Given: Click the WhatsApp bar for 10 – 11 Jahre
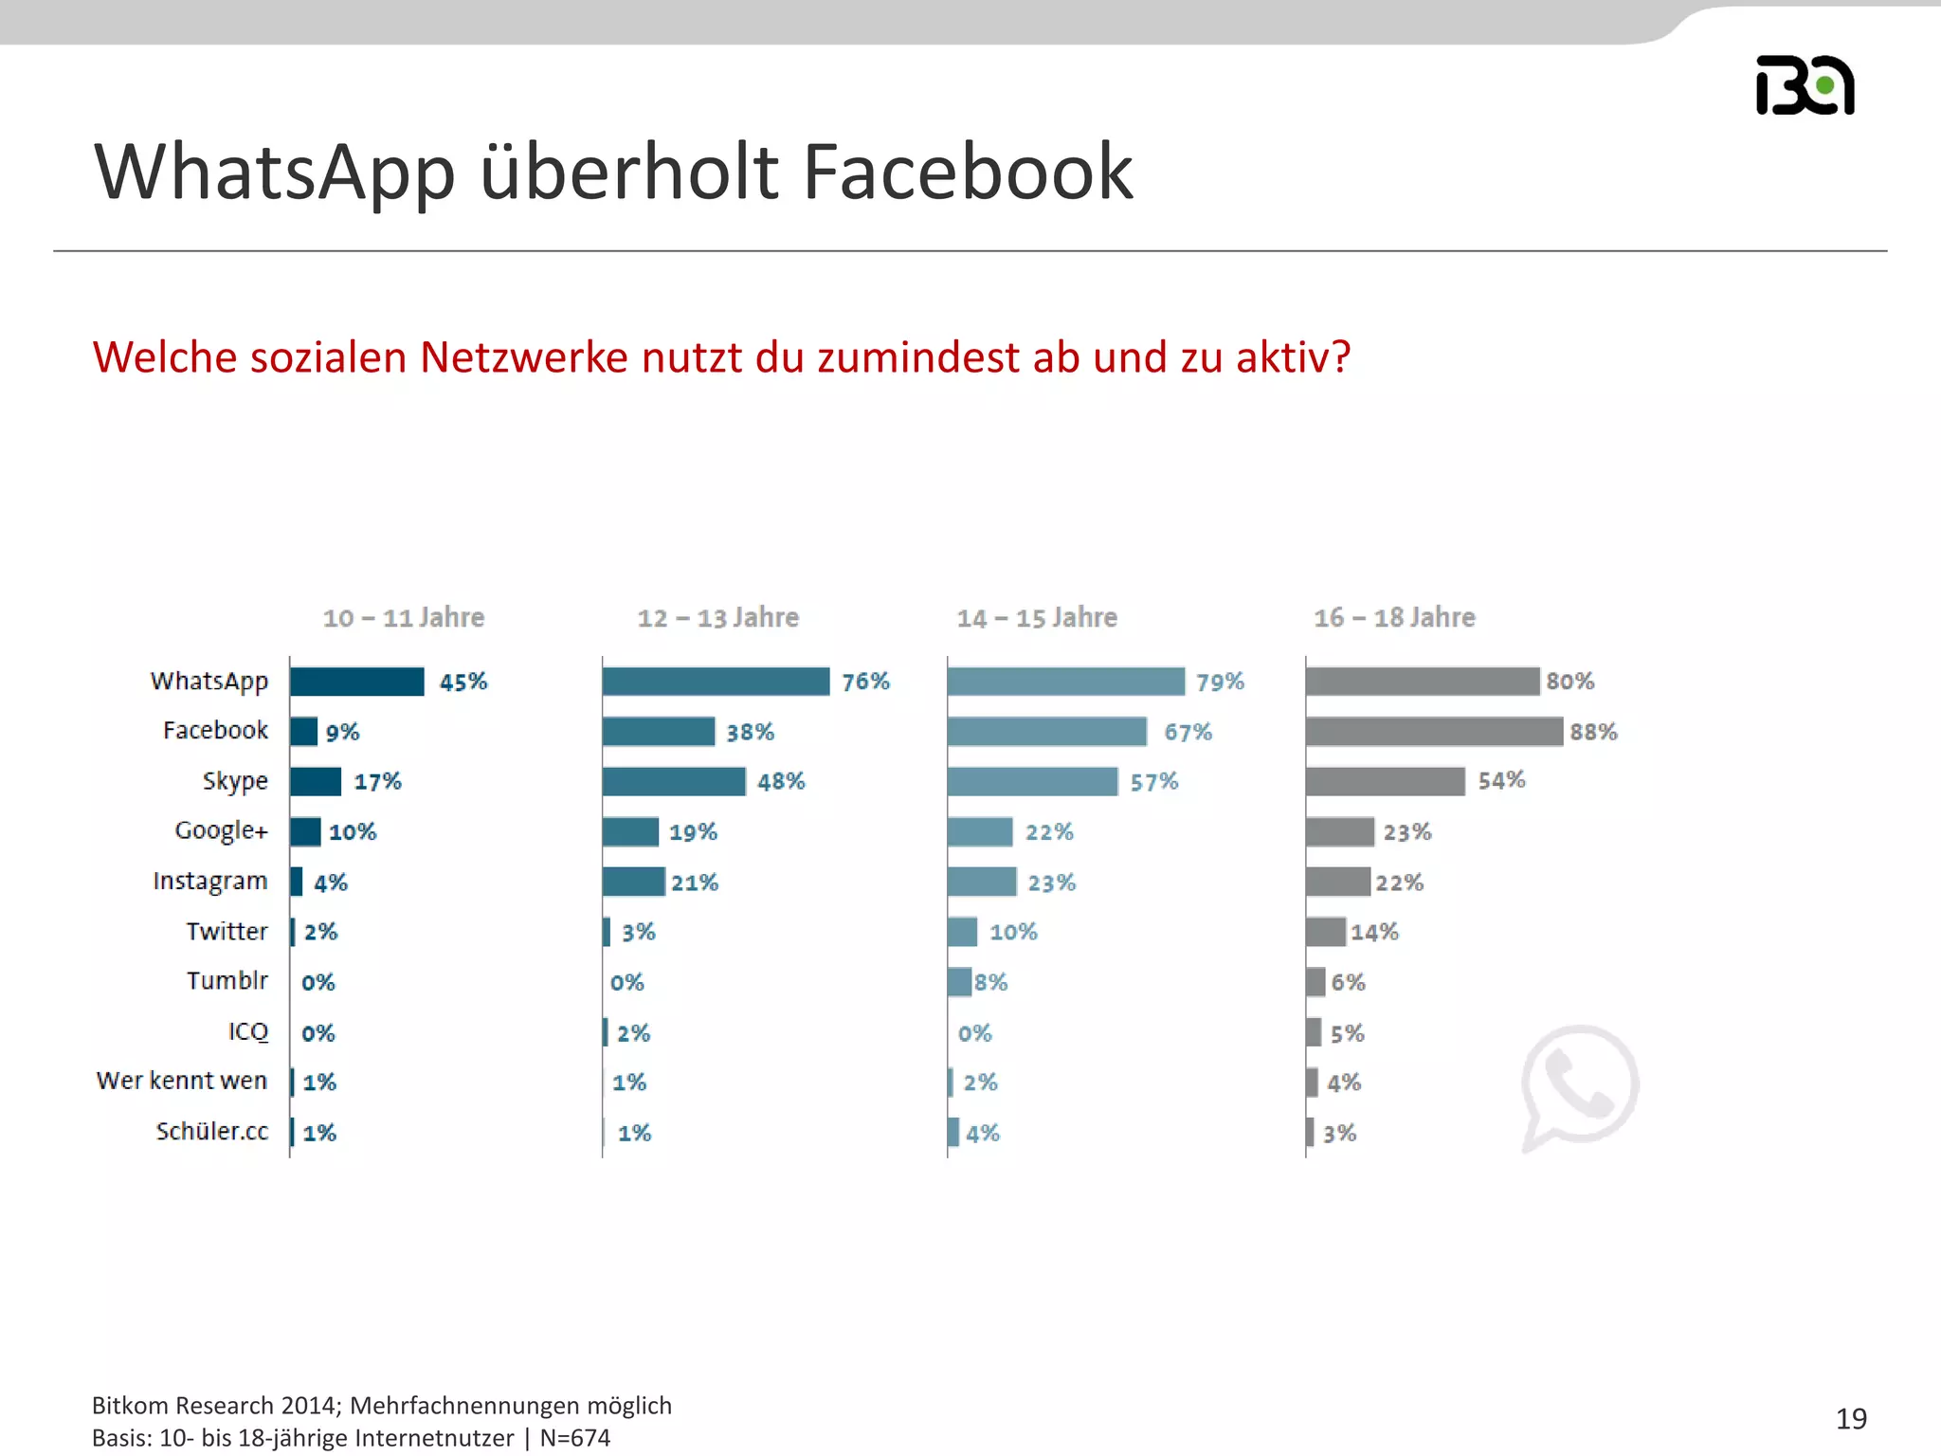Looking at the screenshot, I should (357, 682).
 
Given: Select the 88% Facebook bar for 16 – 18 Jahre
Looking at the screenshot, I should (1433, 732).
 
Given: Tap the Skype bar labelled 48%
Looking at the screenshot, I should (674, 782).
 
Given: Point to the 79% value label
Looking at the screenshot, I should (1220, 682).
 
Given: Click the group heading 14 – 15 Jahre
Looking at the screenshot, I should (1037, 618).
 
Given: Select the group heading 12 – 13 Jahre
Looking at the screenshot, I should (717, 618).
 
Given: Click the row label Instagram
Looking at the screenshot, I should (210, 882).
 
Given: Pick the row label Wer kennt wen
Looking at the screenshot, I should (182, 1081).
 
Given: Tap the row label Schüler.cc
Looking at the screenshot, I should (212, 1131).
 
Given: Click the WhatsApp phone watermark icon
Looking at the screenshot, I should (1579, 1086).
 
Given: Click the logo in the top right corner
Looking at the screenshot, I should (1805, 85).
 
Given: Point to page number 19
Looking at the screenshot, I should (1851, 1419).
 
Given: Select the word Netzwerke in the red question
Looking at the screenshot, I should (524, 358).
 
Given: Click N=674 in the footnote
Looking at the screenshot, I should (575, 1438).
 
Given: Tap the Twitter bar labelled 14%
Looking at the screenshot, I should (1325, 932).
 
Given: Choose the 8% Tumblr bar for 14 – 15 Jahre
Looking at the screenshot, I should (959, 982).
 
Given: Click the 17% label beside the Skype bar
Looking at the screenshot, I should (377, 782).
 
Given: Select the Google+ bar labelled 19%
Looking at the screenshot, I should (630, 832).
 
